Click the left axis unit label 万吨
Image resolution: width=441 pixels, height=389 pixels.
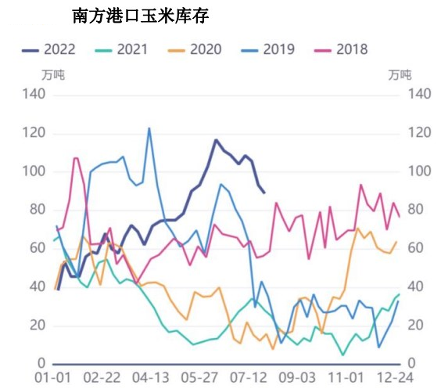53,75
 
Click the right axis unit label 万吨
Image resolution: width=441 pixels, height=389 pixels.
400,75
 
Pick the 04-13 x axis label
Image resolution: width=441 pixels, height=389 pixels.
150,377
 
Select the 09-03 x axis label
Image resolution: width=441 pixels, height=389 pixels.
297,377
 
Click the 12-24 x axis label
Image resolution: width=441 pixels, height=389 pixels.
396,377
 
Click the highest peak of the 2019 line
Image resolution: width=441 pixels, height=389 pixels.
149,128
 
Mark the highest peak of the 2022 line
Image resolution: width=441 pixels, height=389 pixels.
216,140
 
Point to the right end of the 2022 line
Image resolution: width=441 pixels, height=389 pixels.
264,193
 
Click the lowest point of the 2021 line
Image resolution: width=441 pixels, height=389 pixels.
342,355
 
